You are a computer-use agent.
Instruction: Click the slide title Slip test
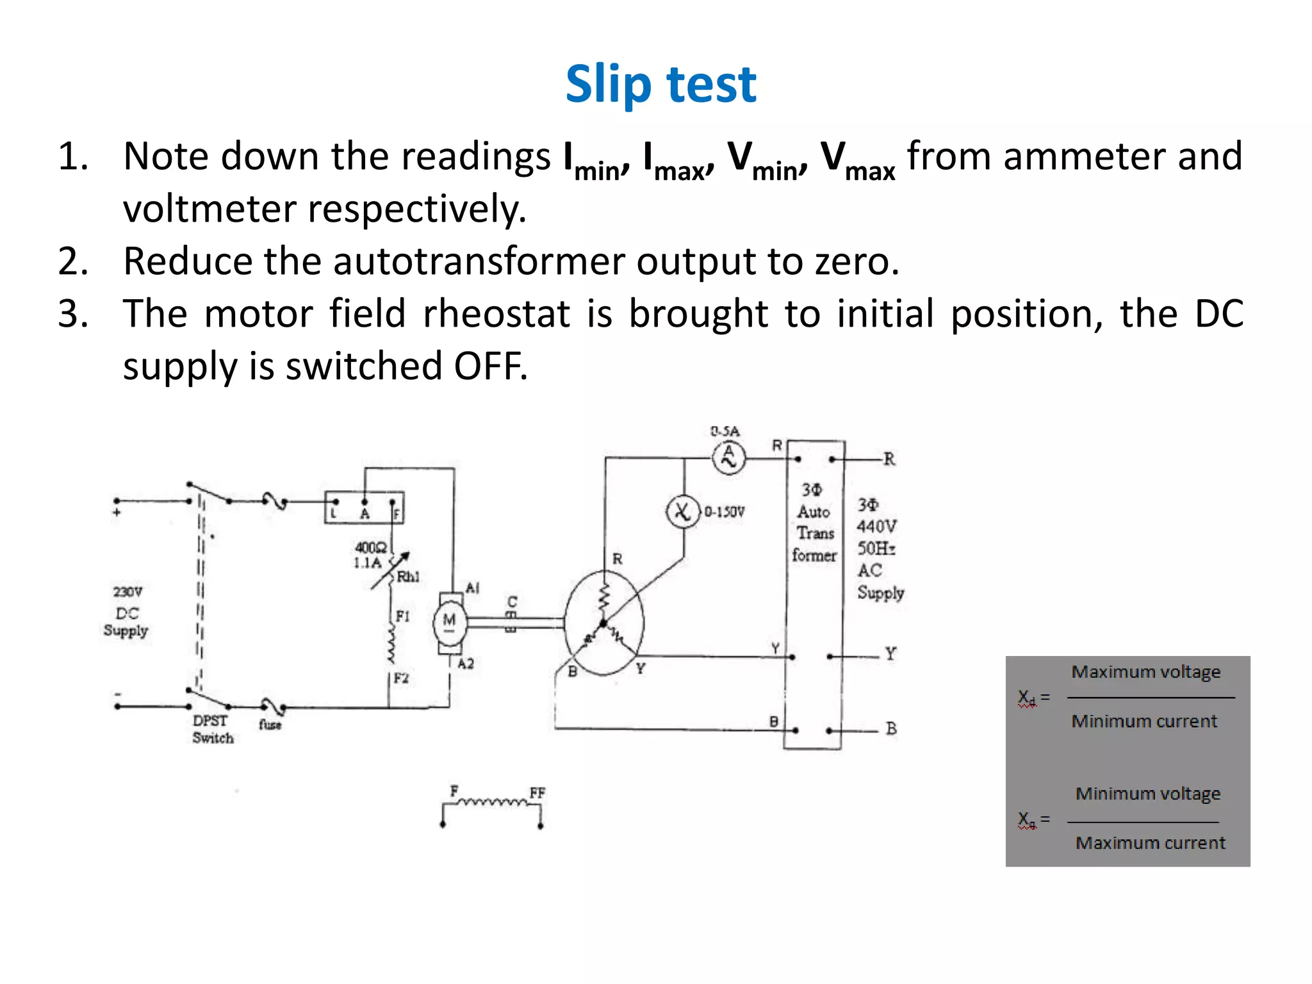[660, 84]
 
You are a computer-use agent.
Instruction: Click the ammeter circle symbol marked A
[728, 457]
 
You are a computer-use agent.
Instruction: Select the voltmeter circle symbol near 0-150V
[683, 512]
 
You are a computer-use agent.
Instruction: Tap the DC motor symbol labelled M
[449, 621]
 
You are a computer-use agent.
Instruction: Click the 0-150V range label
[725, 512]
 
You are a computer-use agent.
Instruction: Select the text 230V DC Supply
[126, 611]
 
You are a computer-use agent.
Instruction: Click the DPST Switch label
[212, 729]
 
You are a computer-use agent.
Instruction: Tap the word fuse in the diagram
[270, 725]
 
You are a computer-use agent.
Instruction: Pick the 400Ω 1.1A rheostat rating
[370, 555]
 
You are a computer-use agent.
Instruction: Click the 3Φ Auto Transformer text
[814, 523]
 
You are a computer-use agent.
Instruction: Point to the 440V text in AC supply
[876, 527]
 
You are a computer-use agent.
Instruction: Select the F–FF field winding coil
[493, 802]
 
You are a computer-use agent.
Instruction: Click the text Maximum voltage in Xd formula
[1145, 672]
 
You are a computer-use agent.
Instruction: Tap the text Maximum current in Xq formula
[1150, 843]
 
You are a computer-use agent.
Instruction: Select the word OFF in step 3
[491, 366]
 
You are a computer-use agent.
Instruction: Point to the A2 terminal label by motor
[466, 664]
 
